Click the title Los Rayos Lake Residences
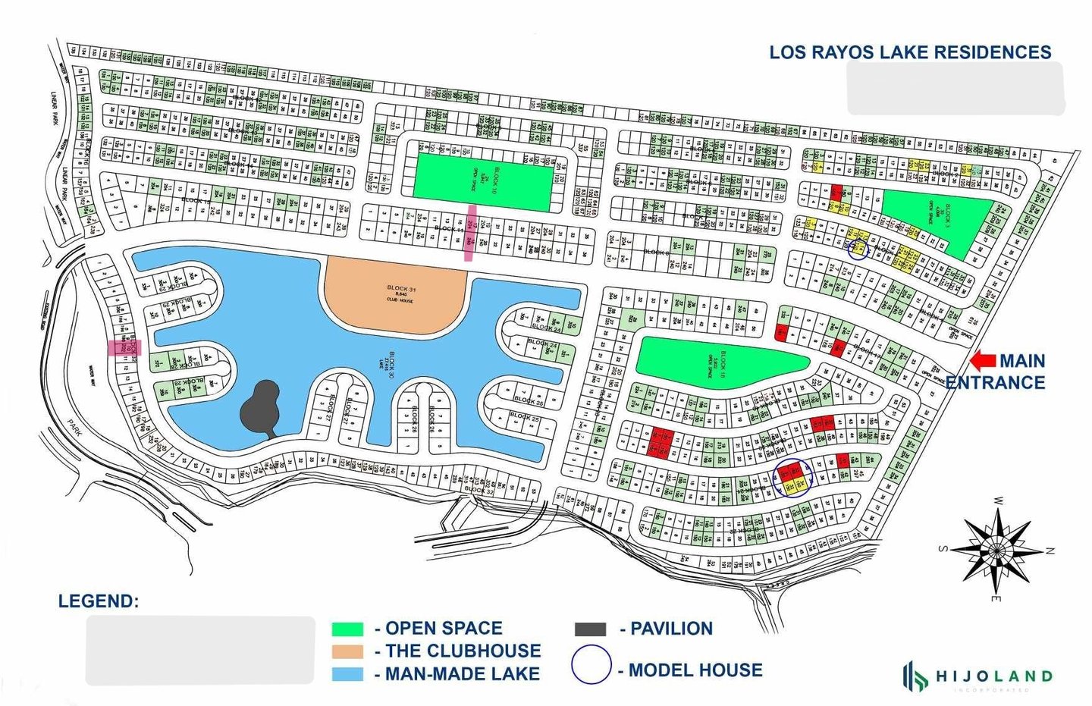click(910, 52)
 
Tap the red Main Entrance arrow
click(983, 360)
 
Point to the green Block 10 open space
click(482, 177)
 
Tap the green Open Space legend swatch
click(347, 629)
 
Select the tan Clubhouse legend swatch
click(347, 651)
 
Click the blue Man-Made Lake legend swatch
click(347, 674)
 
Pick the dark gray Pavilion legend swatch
click(590, 629)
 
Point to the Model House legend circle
click(591, 665)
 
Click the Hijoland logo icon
click(915, 675)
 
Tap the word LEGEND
click(99, 601)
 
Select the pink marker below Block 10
click(471, 233)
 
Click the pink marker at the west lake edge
click(124, 347)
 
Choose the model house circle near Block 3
click(858, 249)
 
